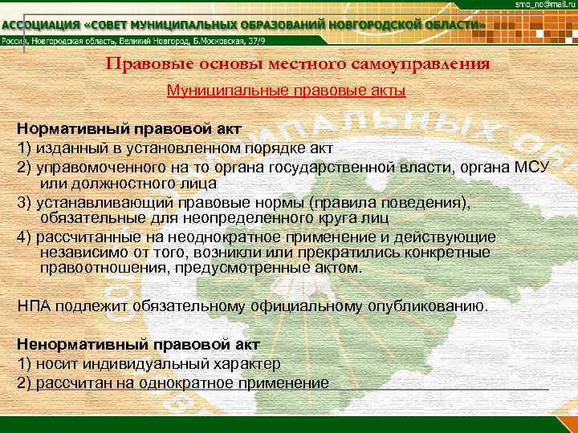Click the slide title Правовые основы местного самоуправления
click(x=297, y=64)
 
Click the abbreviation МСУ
click(x=531, y=166)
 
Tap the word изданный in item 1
click(x=59, y=148)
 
